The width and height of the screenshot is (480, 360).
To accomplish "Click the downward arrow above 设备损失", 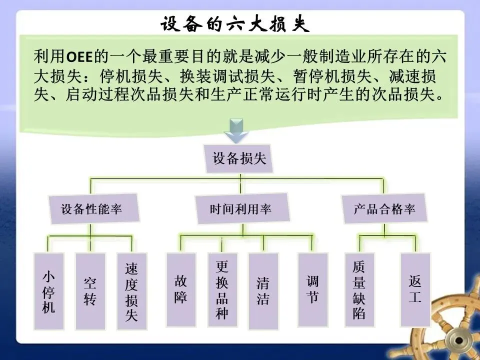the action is pos(236,131).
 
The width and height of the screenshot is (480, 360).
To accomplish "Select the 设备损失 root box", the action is pos(239,159).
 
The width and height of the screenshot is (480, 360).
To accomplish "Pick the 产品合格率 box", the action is pos(384,208).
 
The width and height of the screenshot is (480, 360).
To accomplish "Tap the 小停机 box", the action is pos(48,292).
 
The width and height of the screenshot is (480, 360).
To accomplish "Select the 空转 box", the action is pos(90,292).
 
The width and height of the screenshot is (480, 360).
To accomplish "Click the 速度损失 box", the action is pos(131,292).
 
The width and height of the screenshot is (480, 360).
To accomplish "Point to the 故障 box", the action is pos(180,290).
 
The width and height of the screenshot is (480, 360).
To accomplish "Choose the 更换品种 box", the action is pos(222,290).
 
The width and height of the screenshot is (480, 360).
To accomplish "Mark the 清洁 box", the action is pos(263,290).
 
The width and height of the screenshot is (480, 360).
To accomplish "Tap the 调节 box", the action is pos(312,290).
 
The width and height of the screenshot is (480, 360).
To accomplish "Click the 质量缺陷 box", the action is pos(359,290).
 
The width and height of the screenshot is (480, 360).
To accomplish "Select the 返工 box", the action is pos(415,290).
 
